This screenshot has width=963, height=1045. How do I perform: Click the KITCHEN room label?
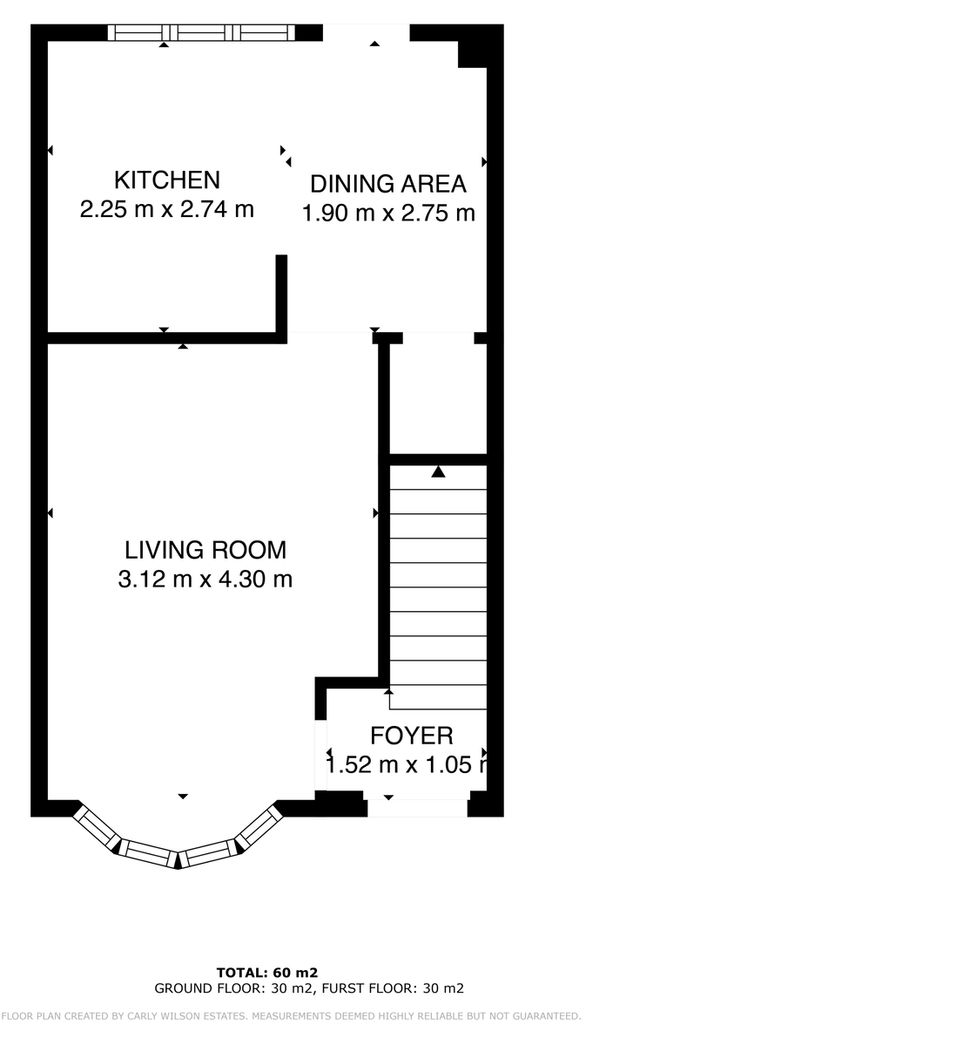(x=167, y=180)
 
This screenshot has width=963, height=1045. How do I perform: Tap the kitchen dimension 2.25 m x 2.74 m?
(x=167, y=209)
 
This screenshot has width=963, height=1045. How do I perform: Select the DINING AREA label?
(x=388, y=184)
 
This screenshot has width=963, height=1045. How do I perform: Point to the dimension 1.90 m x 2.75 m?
(x=388, y=213)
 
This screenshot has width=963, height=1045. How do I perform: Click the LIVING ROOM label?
(x=205, y=550)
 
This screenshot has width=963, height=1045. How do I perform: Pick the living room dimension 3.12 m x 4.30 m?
(x=205, y=579)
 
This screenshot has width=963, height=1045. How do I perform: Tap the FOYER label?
(x=412, y=736)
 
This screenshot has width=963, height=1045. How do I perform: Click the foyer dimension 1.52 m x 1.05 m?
(x=405, y=765)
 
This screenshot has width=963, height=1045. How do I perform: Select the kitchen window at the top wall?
(x=201, y=32)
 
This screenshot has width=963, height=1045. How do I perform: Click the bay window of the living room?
(x=178, y=845)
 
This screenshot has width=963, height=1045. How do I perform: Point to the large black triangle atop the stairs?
(x=439, y=472)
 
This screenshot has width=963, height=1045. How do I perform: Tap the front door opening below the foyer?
(x=417, y=808)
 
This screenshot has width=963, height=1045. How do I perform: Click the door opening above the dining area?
(x=366, y=32)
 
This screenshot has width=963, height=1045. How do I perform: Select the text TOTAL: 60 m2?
(x=267, y=972)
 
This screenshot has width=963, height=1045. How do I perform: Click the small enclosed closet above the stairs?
(x=437, y=397)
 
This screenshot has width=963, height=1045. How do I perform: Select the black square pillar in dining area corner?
(x=473, y=53)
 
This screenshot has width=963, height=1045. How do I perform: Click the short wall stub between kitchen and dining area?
(x=281, y=293)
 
